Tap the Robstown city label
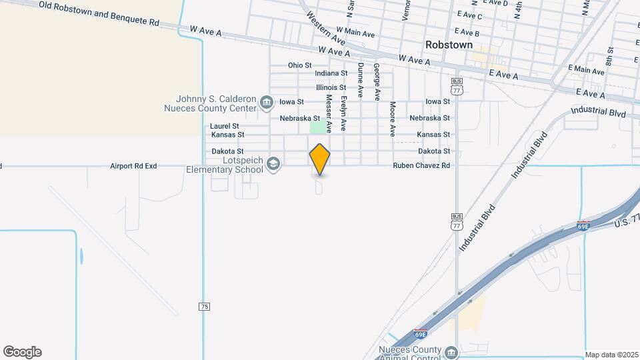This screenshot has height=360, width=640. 449,45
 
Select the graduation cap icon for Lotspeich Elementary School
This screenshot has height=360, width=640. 273,164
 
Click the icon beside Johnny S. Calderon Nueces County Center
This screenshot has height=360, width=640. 266,102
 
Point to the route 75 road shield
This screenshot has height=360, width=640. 204,306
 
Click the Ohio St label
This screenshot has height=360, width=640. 300,65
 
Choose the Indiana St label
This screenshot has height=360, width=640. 331,73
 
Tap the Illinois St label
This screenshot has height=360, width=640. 331,87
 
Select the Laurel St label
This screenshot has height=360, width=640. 224,125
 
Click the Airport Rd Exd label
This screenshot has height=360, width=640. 133,165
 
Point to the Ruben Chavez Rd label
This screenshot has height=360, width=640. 421,165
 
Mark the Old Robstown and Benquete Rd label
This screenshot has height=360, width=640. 99,13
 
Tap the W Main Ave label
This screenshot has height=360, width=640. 355,31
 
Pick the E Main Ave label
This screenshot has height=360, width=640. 586,69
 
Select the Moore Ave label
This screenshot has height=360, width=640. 393,117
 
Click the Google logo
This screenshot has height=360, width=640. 22,352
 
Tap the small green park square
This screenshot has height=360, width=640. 319,127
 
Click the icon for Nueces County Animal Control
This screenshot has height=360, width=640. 451,352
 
